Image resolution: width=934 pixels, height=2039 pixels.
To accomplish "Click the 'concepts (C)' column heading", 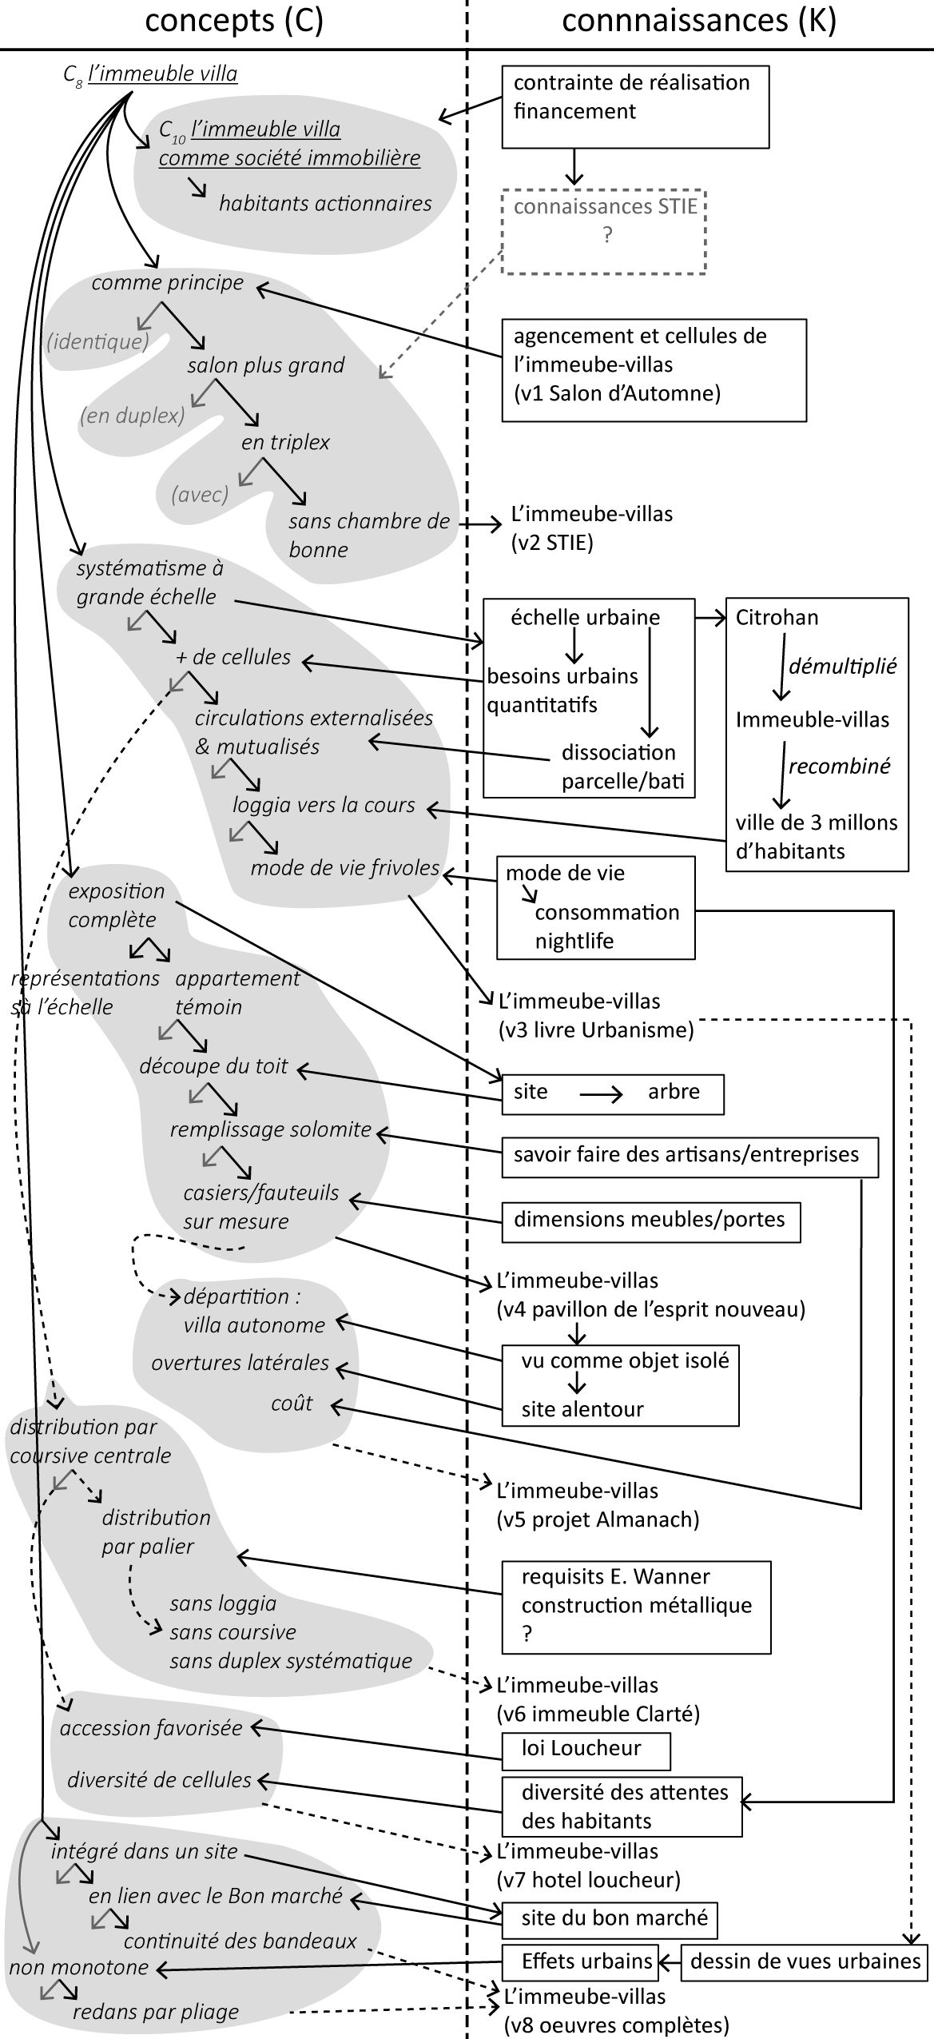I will [x=233, y=21].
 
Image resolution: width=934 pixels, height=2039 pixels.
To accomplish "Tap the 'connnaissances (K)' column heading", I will [x=699, y=21].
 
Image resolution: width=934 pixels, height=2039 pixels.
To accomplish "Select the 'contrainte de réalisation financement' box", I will [x=635, y=107].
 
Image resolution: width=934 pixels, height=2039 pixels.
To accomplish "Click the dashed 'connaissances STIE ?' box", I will [x=604, y=232].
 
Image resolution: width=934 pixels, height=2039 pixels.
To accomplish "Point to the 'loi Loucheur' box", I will [x=586, y=1748].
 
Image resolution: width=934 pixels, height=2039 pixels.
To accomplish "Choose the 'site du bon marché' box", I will [x=609, y=1918].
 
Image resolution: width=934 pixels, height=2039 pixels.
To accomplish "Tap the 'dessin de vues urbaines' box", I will [x=805, y=1961].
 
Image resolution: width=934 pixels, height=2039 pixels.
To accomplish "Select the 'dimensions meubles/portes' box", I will [x=650, y=1219].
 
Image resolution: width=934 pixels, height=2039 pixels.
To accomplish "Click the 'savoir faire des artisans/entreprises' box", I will [x=689, y=1154].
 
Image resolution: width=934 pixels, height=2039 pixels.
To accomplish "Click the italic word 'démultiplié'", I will [x=842, y=667].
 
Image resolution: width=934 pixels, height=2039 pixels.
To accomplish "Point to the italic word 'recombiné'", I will [x=839, y=767].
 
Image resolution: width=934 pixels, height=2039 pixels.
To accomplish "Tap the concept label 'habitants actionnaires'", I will [x=325, y=203].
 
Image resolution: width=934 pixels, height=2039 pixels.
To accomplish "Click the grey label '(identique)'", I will [x=97, y=342].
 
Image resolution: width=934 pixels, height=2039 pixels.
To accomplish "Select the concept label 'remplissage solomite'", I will [x=270, y=1129].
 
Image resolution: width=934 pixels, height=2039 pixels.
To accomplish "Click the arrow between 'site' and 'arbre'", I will [x=600, y=1093].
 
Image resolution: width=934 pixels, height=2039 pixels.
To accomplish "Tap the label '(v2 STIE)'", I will [x=552, y=544].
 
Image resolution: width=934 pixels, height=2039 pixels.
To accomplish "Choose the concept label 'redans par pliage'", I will [x=156, y=2012].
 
